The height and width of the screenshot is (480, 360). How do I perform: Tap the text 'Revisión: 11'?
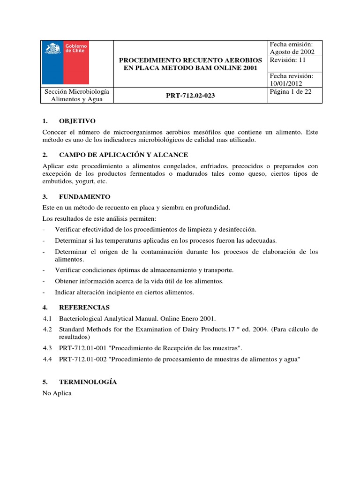[x=287, y=60]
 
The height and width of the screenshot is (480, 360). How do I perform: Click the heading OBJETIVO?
[x=77, y=120]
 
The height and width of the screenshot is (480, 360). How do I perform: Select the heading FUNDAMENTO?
[x=84, y=196]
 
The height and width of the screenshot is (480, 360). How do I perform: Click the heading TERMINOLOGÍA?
[x=88, y=382]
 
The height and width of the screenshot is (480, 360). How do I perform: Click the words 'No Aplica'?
[x=57, y=393]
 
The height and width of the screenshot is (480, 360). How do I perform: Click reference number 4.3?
[x=47, y=348]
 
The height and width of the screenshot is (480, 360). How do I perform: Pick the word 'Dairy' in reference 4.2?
[x=221, y=330]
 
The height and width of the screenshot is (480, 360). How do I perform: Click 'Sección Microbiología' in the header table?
[x=76, y=91]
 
